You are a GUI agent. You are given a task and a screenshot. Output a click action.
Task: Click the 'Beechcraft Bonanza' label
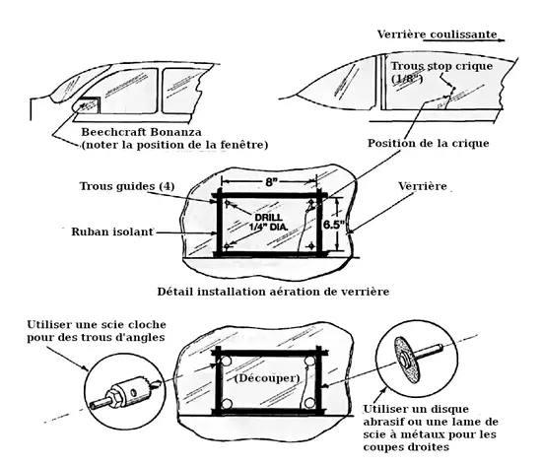(x=141, y=132)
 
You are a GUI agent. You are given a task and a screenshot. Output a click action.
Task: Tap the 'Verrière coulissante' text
(x=437, y=34)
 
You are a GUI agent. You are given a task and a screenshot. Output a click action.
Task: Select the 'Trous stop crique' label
(x=441, y=66)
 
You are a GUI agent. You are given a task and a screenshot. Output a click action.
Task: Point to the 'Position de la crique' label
(x=429, y=144)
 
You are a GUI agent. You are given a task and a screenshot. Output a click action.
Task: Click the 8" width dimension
(x=270, y=182)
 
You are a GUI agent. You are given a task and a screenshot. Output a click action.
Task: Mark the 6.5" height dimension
(x=334, y=225)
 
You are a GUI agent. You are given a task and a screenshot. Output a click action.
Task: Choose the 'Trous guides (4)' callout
(x=127, y=186)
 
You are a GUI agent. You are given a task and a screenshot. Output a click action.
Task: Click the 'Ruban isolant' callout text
(x=112, y=232)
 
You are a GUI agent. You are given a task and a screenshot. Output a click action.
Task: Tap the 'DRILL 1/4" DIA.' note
(x=268, y=223)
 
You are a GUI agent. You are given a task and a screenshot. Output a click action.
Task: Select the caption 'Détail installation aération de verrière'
(x=273, y=292)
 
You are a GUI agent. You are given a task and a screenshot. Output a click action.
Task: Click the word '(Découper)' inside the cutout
(x=267, y=378)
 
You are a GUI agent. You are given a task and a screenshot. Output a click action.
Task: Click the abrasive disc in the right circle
(x=405, y=357)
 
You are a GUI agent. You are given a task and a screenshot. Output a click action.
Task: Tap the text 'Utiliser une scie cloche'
(x=97, y=325)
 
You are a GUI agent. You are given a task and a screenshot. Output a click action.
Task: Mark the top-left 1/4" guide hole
(x=227, y=203)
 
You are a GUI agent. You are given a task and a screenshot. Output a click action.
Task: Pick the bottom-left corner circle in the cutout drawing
(x=227, y=404)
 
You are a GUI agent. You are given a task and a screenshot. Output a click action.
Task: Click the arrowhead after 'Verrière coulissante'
(x=502, y=40)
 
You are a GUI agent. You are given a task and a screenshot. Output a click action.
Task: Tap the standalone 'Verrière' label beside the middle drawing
(x=423, y=186)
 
